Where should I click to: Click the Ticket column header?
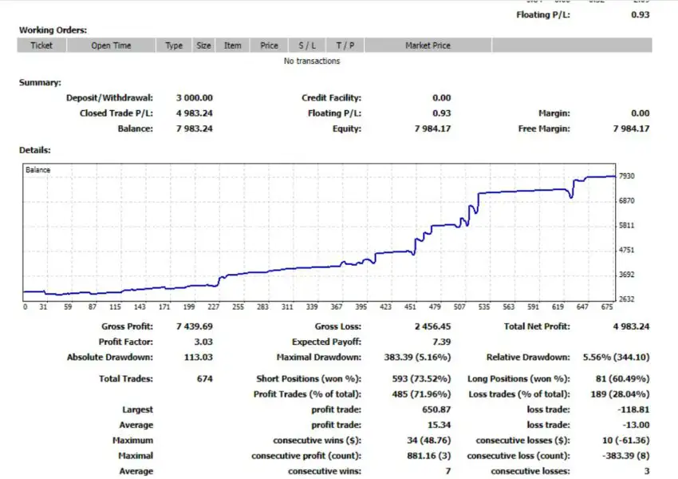pos(41,46)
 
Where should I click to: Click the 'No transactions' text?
pos(312,61)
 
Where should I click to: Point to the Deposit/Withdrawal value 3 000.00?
pos(195,97)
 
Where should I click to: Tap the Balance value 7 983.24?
pos(195,129)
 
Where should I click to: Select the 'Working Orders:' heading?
pos(53,30)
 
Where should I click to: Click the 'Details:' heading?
pos(35,149)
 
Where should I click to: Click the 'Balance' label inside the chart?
pos(38,170)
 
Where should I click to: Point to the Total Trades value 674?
pos(204,378)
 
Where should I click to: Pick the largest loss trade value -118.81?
pos(633,410)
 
